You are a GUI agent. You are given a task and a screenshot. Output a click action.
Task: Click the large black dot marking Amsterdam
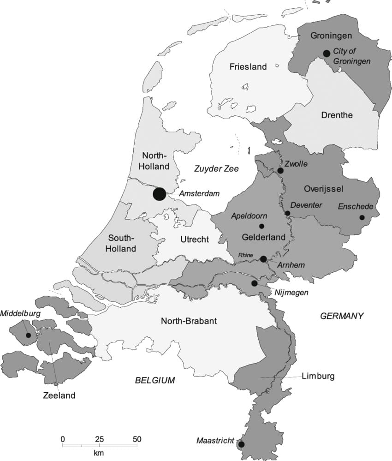click(159, 194)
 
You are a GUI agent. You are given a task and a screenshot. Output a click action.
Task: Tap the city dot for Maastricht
click(241, 444)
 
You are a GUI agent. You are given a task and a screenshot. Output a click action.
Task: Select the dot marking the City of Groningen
click(327, 54)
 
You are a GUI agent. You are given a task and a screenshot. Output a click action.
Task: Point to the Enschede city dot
click(362, 218)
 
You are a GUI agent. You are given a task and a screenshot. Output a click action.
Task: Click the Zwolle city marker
click(280, 171)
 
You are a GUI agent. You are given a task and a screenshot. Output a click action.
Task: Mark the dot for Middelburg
click(29, 335)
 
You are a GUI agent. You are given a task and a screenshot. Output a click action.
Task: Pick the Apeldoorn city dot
click(261, 226)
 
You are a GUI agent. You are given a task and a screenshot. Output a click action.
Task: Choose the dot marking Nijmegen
click(254, 283)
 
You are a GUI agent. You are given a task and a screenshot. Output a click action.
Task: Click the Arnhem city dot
click(263, 259)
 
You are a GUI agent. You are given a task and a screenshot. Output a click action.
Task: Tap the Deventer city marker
click(288, 213)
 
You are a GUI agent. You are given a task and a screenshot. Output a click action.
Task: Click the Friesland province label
click(248, 67)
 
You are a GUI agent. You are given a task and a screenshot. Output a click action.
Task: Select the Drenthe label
click(337, 115)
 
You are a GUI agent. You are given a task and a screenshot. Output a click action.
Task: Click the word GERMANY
click(342, 316)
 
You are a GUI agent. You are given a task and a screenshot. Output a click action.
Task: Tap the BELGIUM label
click(155, 380)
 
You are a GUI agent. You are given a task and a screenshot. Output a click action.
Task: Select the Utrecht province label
click(195, 239)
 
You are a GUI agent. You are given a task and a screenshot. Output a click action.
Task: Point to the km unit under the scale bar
click(98, 453)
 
